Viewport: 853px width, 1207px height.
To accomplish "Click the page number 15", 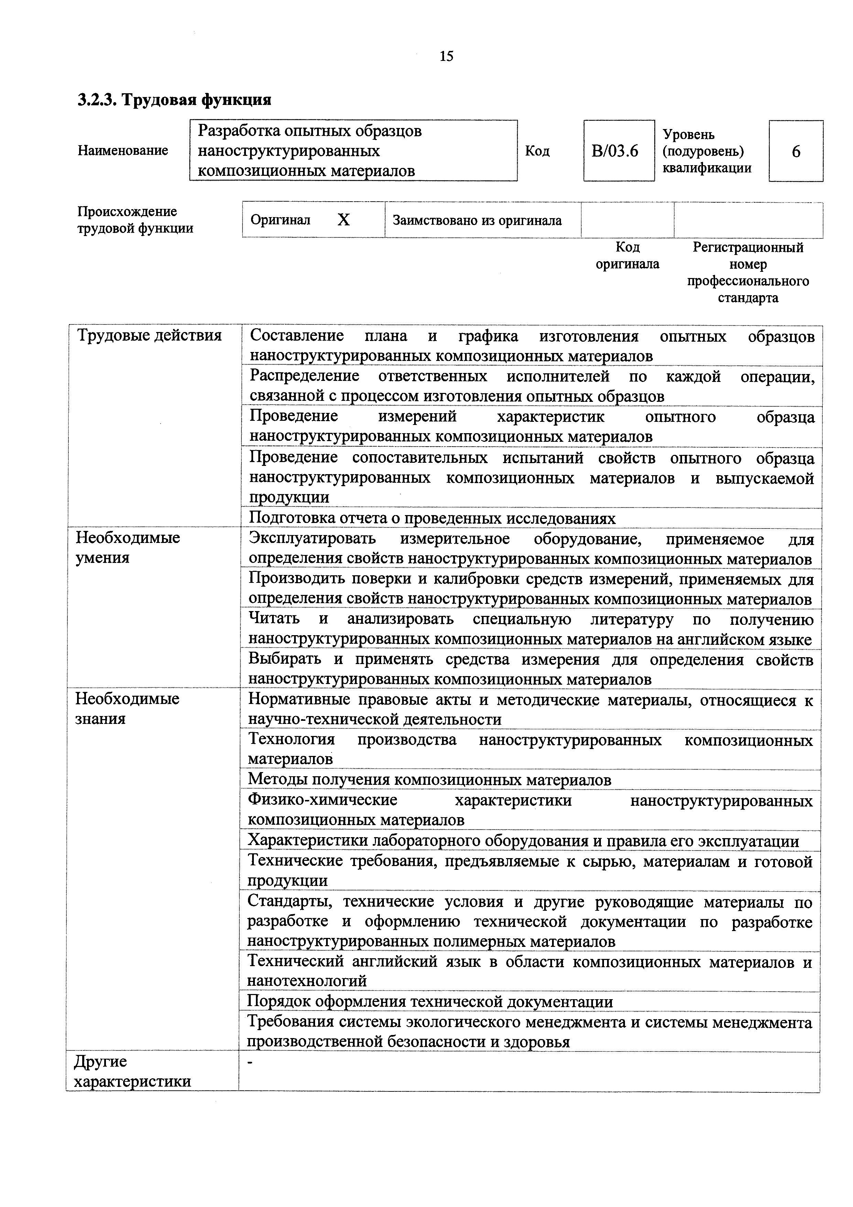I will click(x=446, y=56).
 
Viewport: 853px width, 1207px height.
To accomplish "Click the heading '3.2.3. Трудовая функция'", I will click(x=174, y=99).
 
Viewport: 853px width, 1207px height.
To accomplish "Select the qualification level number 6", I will click(x=796, y=152).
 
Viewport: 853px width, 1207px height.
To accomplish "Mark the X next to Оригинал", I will click(x=343, y=220).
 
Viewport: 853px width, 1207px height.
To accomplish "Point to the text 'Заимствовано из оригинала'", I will click(x=477, y=220).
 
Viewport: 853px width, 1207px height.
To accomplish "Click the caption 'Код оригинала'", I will click(x=627, y=256).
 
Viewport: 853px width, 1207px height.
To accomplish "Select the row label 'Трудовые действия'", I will click(x=149, y=335).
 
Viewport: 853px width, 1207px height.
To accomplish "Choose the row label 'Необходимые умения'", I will click(x=128, y=547).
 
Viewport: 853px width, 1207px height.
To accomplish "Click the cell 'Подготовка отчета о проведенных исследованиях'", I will click(x=432, y=518).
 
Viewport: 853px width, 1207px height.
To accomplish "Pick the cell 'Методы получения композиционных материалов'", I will click(x=429, y=780).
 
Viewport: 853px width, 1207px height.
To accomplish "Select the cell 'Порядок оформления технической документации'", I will click(x=429, y=1002).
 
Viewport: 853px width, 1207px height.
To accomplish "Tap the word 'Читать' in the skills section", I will click(x=273, y=619).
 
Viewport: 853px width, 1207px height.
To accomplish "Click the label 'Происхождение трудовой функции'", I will click(x=135, y=220).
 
